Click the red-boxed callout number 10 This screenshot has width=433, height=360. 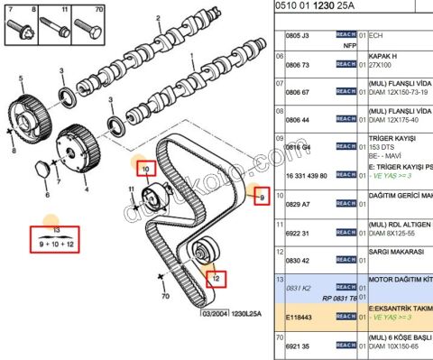pos(144,168)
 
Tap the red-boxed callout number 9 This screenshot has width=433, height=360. pos(262,197)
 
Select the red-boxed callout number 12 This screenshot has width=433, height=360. pos(215,279)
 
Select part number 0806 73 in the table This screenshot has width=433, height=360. pos(299,66)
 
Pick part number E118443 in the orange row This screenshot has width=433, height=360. pos(299,317)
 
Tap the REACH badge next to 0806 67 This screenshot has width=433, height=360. pos(345,92)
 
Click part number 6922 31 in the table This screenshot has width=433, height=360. pos(299,234)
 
